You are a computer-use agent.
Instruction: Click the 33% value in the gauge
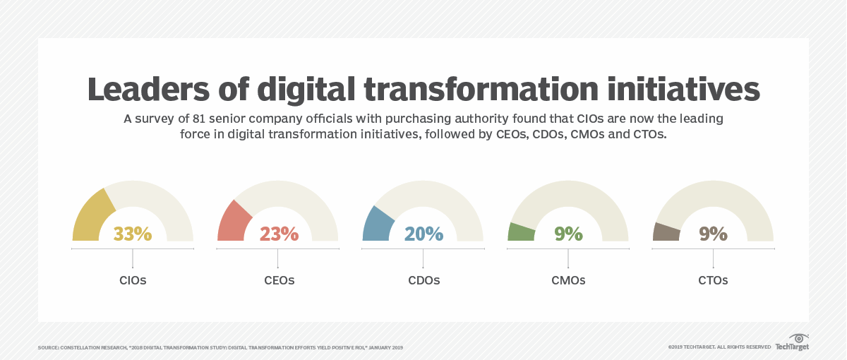coord(133,234)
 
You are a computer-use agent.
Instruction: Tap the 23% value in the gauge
coord(278,234)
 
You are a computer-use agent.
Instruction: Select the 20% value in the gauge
coord(423,234)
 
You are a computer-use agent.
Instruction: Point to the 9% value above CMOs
coord(568,234)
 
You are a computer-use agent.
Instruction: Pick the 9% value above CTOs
coord(713,234)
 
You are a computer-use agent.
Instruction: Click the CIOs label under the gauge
coord(133,280)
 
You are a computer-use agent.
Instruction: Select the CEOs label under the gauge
coord(278,280)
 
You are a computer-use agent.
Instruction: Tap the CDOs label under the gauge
coord(423,280)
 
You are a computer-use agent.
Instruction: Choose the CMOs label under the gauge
coord(568,280)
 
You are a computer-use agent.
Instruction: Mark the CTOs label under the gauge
coord(713,280)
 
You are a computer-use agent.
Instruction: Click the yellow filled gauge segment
coord(92,216)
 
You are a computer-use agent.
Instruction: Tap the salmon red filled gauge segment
coord(234,220)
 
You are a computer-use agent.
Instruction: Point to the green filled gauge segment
coord(521,232)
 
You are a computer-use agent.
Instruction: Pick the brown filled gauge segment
coord(666,232)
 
